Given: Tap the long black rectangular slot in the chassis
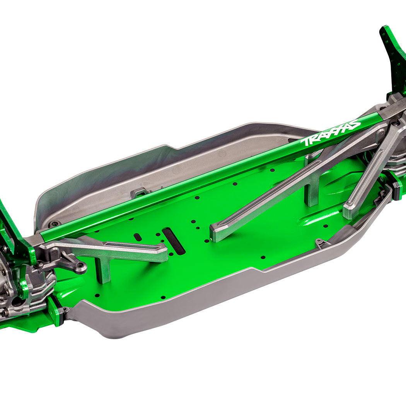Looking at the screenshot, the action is [174, 241].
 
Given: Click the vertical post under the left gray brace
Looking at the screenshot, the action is [103, 269].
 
